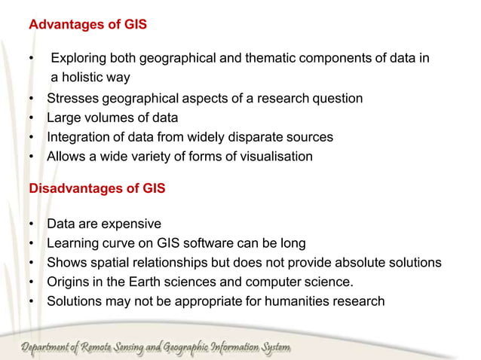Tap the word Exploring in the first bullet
pyautogui.click(x=80, y=58)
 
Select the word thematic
pyautogui.click(x=250, y=58)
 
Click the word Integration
pyautogui.click(x=79, y=138)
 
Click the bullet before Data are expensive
pyautogui.click(x=32, y=224)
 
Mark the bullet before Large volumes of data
pyautogui.click(x=32, y=118)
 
